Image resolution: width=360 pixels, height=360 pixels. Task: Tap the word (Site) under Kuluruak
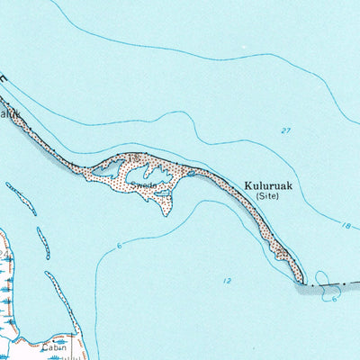(267, 195)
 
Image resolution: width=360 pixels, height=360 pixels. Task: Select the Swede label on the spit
(143, 185)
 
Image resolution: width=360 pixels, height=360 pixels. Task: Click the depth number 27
(285, 131)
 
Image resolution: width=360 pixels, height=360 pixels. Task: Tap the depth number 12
(227, 281)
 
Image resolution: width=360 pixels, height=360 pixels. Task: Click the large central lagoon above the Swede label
(153, 172)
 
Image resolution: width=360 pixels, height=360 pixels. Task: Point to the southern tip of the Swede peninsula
(163, 213)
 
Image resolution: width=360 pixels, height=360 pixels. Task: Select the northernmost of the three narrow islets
(21, 198)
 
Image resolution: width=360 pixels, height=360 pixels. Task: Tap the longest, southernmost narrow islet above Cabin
(59, 301)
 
